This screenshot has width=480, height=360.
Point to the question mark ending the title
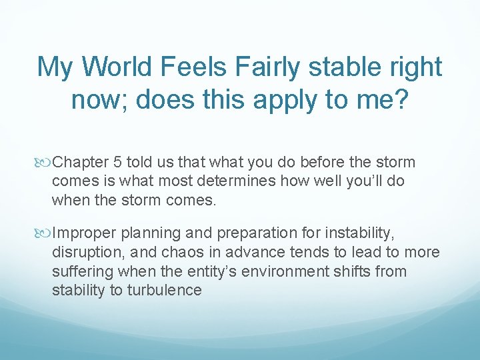pos(400,99)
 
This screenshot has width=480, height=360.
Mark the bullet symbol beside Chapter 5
pos(45,162)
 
